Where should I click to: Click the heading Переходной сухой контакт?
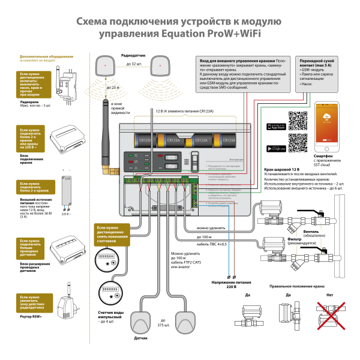pyautogui.click(x=317, y=62)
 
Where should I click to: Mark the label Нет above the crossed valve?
pyautogui.click(x=329, y=295)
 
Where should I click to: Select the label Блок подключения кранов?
pyautogui.click(x=32, y=158)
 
